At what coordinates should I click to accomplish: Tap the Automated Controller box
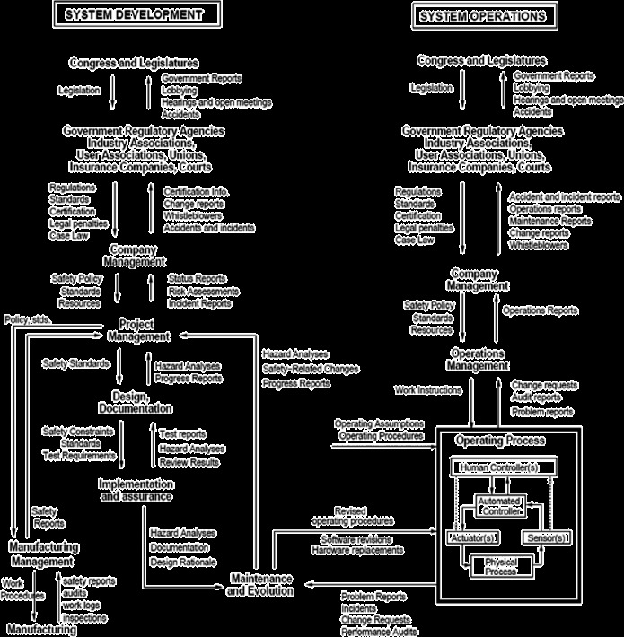499,505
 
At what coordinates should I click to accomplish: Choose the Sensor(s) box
545,537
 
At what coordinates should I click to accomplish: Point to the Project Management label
138,329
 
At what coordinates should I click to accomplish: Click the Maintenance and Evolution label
259,584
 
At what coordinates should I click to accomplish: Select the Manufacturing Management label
44,554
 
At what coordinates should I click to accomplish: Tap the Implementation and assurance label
135,490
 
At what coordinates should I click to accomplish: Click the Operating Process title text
499,441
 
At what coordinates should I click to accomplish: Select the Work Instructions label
428,390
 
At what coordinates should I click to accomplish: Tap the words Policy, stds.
28,319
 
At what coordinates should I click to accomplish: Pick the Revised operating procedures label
352,516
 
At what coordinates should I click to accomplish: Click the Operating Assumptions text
378,423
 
